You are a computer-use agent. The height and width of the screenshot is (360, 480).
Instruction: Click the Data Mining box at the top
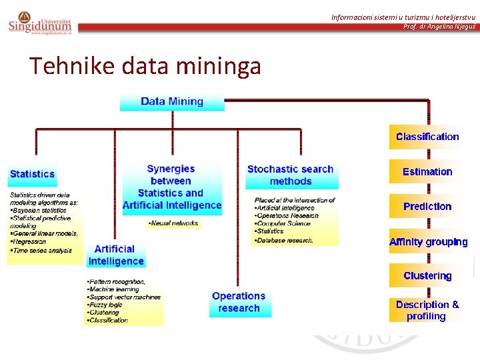pyautogui.click(x=172, y=101)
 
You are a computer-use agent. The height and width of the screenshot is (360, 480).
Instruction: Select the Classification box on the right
pyautogui.click(x=427, y=137)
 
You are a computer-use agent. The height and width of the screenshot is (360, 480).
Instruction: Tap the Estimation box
pyautogui.click(x=427, y=172)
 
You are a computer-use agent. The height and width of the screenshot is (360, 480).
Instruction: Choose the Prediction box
pyautogui.click(x=427, y=207)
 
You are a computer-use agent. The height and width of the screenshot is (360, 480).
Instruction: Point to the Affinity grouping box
pyautogui.click(x=428, y=242)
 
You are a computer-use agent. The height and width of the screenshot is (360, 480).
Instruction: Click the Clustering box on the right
pyautogui.click(x=427, y=276)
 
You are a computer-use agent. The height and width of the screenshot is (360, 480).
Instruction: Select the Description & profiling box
pyautogui.click(x=427, y=310)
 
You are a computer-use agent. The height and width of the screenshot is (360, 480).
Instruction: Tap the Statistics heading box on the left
pyautogui.click(x=32, y=174)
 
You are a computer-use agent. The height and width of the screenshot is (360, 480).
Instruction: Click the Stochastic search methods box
pyautogui.click(x=291, y=175)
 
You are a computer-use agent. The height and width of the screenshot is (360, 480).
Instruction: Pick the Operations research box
pyautogui.click(x=239, y=302)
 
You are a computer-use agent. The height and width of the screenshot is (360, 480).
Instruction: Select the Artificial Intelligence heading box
pyautogui.click(x=116, y=255)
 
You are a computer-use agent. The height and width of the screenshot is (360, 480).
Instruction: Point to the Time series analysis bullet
pyautogui.click(x=41, y=251)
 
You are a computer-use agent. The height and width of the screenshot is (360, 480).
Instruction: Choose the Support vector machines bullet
pyautogui.click(x=124, y=297)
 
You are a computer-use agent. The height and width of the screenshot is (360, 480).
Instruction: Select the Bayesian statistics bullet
pyautogui.click(x=40, y=210)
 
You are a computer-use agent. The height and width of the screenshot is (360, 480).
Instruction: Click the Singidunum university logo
pyautogui.click(x=39, y=23)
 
